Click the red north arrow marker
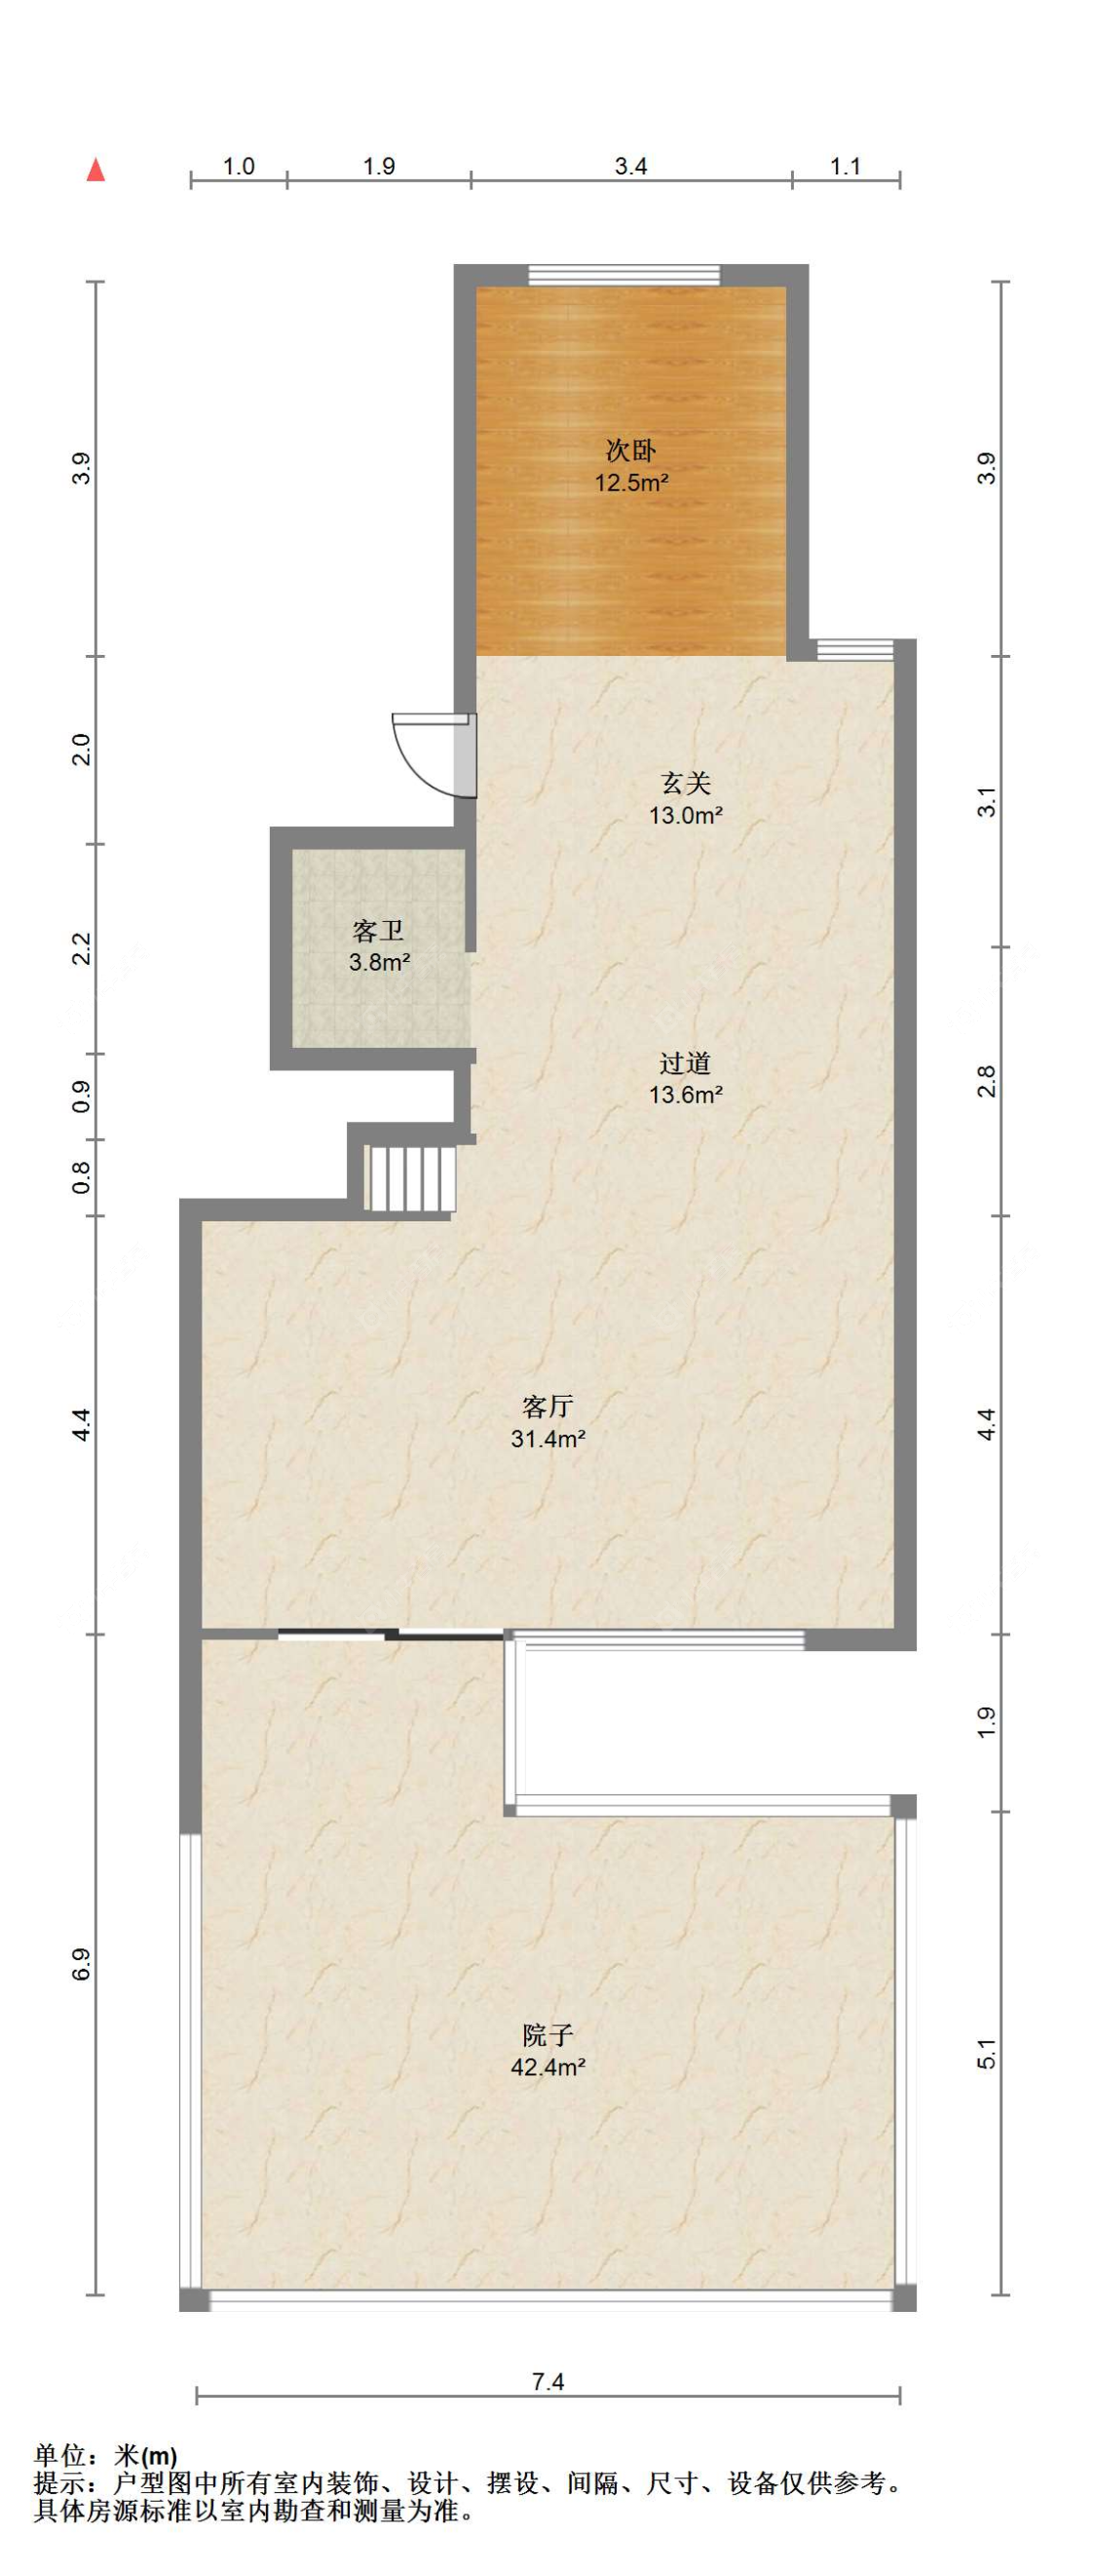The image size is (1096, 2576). pyautogui.click(x=96, y=170)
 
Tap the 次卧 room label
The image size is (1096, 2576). pyautogui.click(x=631, y=451)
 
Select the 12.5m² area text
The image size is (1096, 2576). pyautogui.click(x=631, y=484)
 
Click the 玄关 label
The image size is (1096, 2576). pyautogui.click(x=686, y=783)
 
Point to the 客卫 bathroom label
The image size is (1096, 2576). pyautogui.click(x=379, y=932)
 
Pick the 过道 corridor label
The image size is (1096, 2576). pyautogui.click(x=686, y=1062)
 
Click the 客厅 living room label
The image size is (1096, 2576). pyautogui.click(x=548, y=1407)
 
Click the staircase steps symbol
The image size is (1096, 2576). pyautogui.click(x=411, y=1178)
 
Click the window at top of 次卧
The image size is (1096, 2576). pyautogui.click(x=624, y=275)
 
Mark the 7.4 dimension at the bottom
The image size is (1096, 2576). pyautogui.click(x=548, y=2382)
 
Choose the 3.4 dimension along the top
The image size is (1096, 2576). pyautogui.click(x=631, y=166)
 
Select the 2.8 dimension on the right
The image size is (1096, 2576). pyautogui.click(x=987, y=1081)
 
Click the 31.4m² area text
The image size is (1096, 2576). pyautogui.click(x=548, y=1440)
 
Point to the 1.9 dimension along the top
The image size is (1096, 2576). pyautogui.click(x=379, y=166)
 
